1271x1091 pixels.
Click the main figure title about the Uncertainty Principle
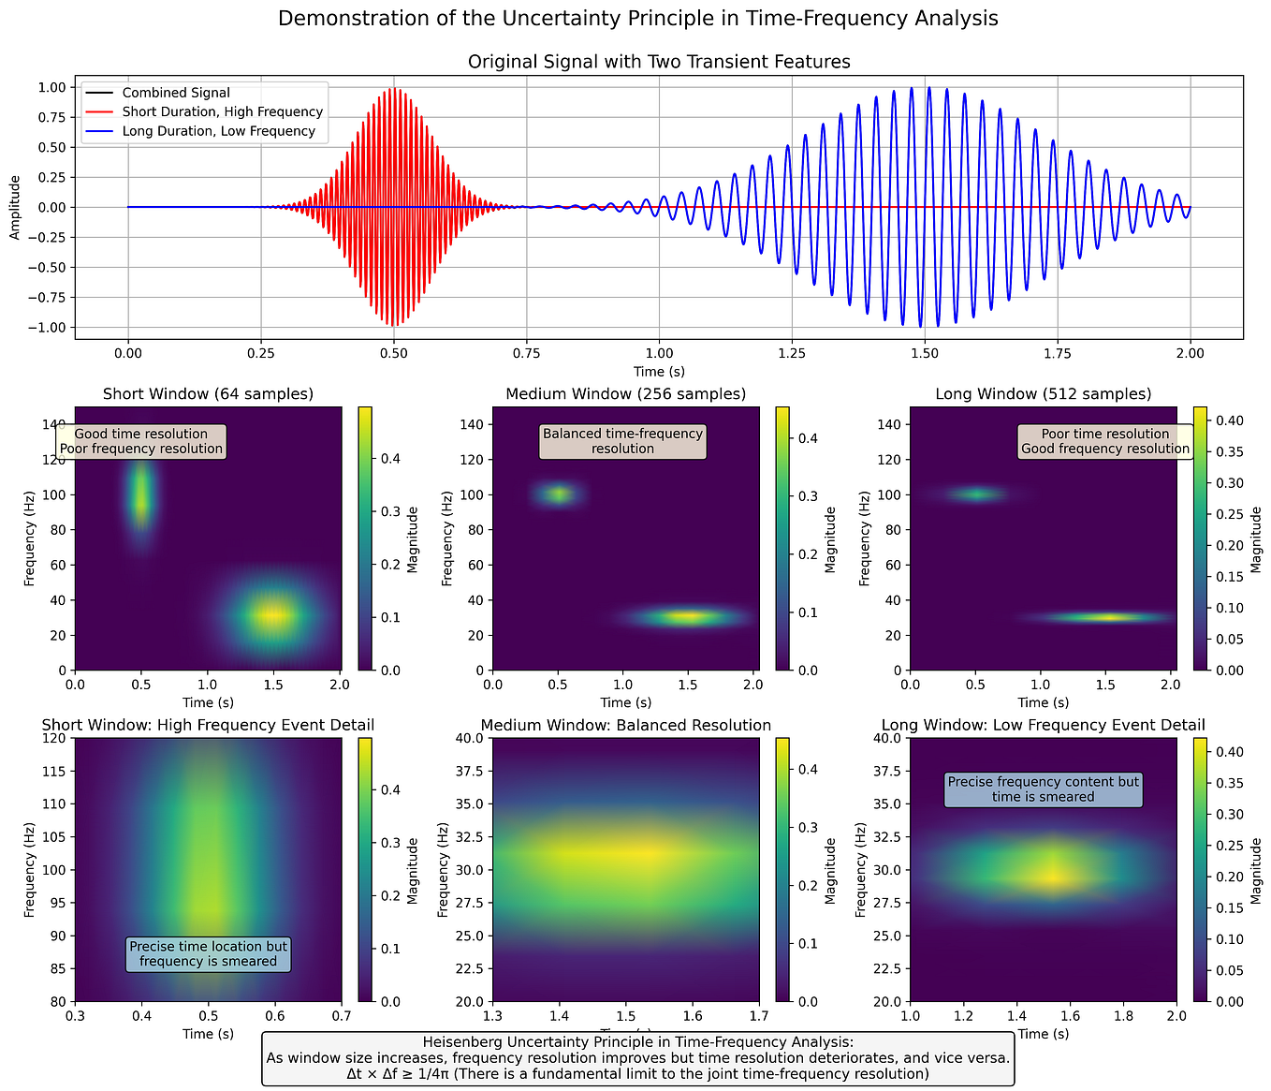click(637, 19)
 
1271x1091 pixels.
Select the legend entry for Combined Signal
click(176, 93)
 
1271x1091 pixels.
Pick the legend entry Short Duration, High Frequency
click(222, 112)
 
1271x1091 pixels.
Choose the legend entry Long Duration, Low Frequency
click(218, 131)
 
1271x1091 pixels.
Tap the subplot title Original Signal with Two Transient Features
click(659, 62)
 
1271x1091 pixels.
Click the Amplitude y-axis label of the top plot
click(15, 206)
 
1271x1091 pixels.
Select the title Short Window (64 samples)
click(208, 393)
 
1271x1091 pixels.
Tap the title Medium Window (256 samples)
click(625, 393)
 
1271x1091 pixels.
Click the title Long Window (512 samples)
click(1043, 393)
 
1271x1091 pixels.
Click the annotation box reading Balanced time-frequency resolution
click(622, 441)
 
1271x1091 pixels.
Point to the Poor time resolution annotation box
click(1104, 441)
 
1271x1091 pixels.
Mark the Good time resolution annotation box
click(141, 441)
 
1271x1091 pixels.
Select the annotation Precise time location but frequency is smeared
click(209, 953)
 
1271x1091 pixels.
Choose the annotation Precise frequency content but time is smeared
click(1043, 789)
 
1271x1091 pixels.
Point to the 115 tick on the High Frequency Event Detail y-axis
click(56, 771)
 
